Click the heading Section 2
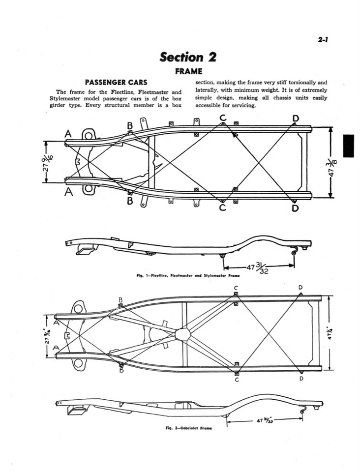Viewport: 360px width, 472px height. point(188,57)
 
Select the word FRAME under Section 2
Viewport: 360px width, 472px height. point(188,71)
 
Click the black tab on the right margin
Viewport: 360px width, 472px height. point(348,146)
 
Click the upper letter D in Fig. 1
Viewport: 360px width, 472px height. point(295,118)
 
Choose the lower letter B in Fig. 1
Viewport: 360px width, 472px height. point(129,202)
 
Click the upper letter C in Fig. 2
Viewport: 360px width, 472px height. point(236,288)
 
